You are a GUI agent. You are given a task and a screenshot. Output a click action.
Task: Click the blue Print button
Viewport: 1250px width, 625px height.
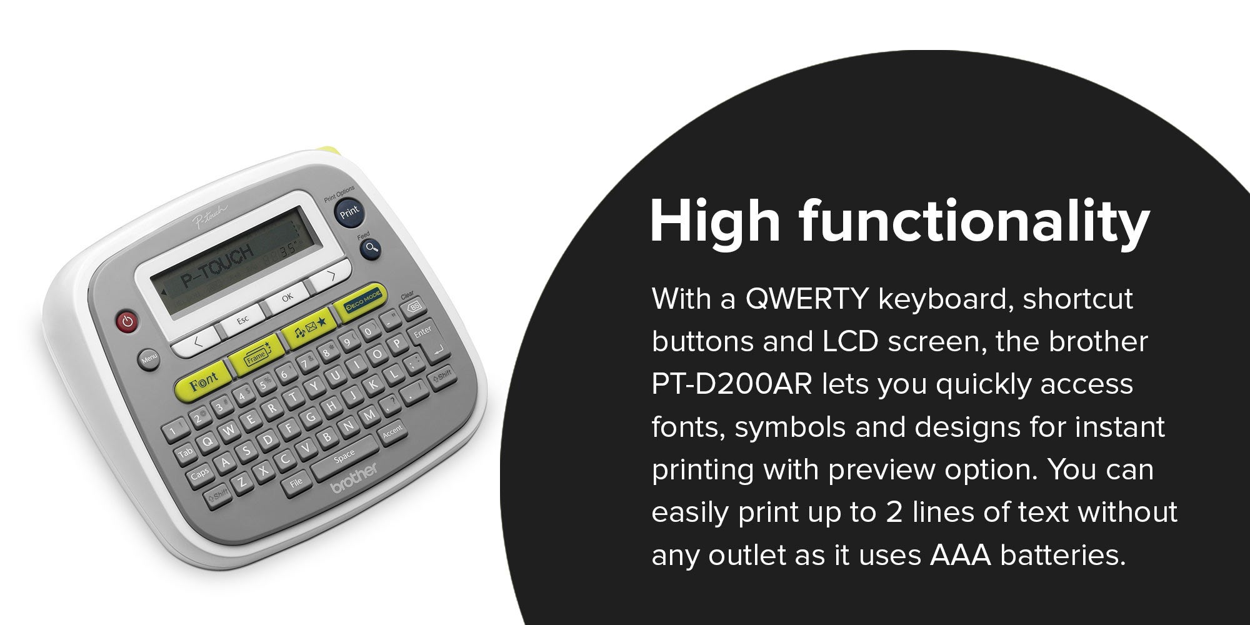(349, 211)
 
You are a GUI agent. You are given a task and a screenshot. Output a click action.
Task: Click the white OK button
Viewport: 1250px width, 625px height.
(286, 298)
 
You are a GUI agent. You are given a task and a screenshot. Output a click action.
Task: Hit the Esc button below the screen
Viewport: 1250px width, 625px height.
(242, 320)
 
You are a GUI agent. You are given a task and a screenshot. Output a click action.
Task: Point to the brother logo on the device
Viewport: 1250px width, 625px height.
(354, 477)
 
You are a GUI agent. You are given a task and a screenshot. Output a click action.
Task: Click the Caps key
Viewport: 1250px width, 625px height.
(200, 474)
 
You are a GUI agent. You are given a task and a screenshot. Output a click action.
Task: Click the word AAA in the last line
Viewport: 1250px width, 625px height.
(960, 555)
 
